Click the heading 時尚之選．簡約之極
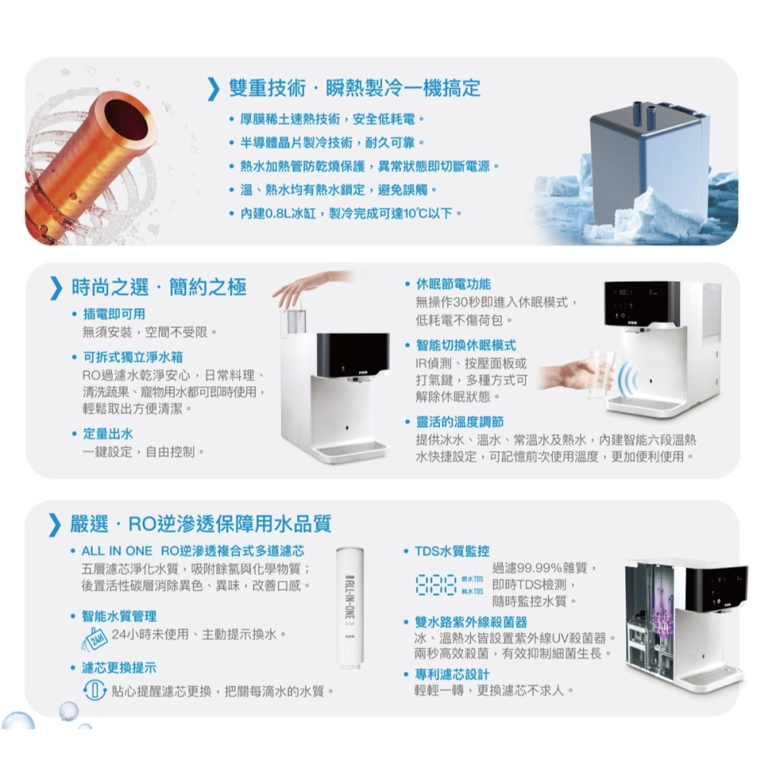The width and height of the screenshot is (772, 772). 158,287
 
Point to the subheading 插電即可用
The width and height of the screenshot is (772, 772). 113,313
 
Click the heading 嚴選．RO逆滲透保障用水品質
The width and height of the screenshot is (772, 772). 201,525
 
